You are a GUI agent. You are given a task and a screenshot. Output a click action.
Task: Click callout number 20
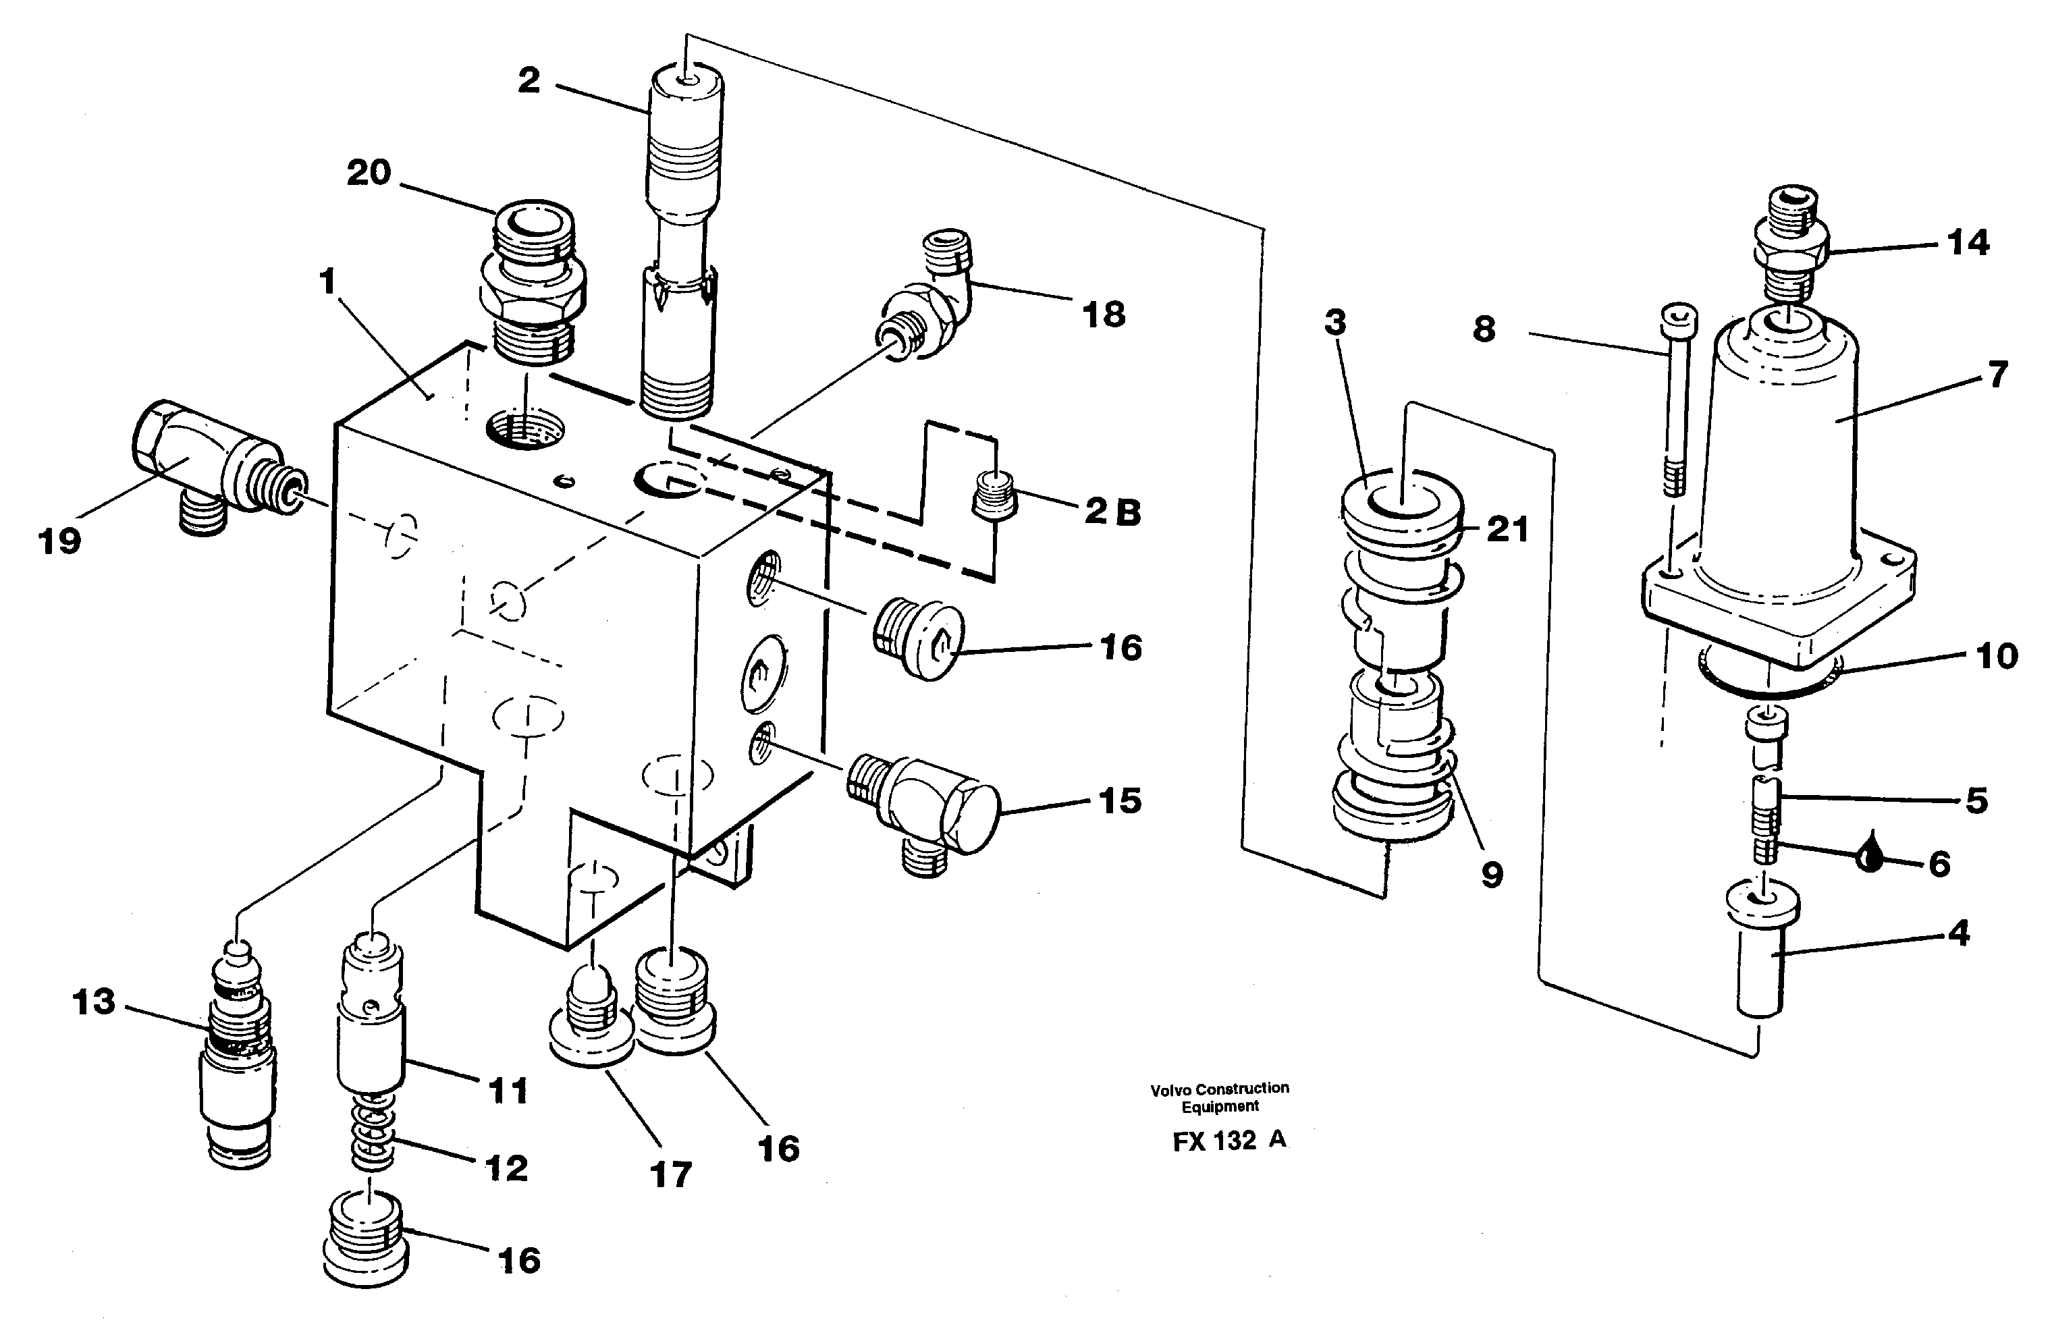[x=369, y=173]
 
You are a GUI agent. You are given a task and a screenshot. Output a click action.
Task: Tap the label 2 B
[x=1112, y=512]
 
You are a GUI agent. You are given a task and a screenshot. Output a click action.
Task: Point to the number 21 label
[x=1507, y=529]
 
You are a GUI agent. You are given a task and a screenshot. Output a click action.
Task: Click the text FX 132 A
[x=1229, y=1141]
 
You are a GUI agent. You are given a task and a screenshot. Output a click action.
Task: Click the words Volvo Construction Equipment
[x=1220, y=1097]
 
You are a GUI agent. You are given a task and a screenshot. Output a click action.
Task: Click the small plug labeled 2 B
[x=993, y=495]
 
